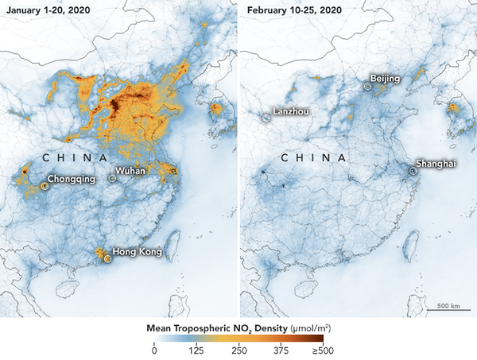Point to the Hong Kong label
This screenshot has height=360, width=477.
(x=137, y=252)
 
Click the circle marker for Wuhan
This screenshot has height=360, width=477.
(x=113, y=179)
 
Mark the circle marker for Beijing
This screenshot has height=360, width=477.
(x=366, y=85)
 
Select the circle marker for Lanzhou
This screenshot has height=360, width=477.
(x=266, y=118)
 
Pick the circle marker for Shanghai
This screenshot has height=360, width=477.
(x=412, y=169)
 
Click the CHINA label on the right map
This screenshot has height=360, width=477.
(x=312, y=158)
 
